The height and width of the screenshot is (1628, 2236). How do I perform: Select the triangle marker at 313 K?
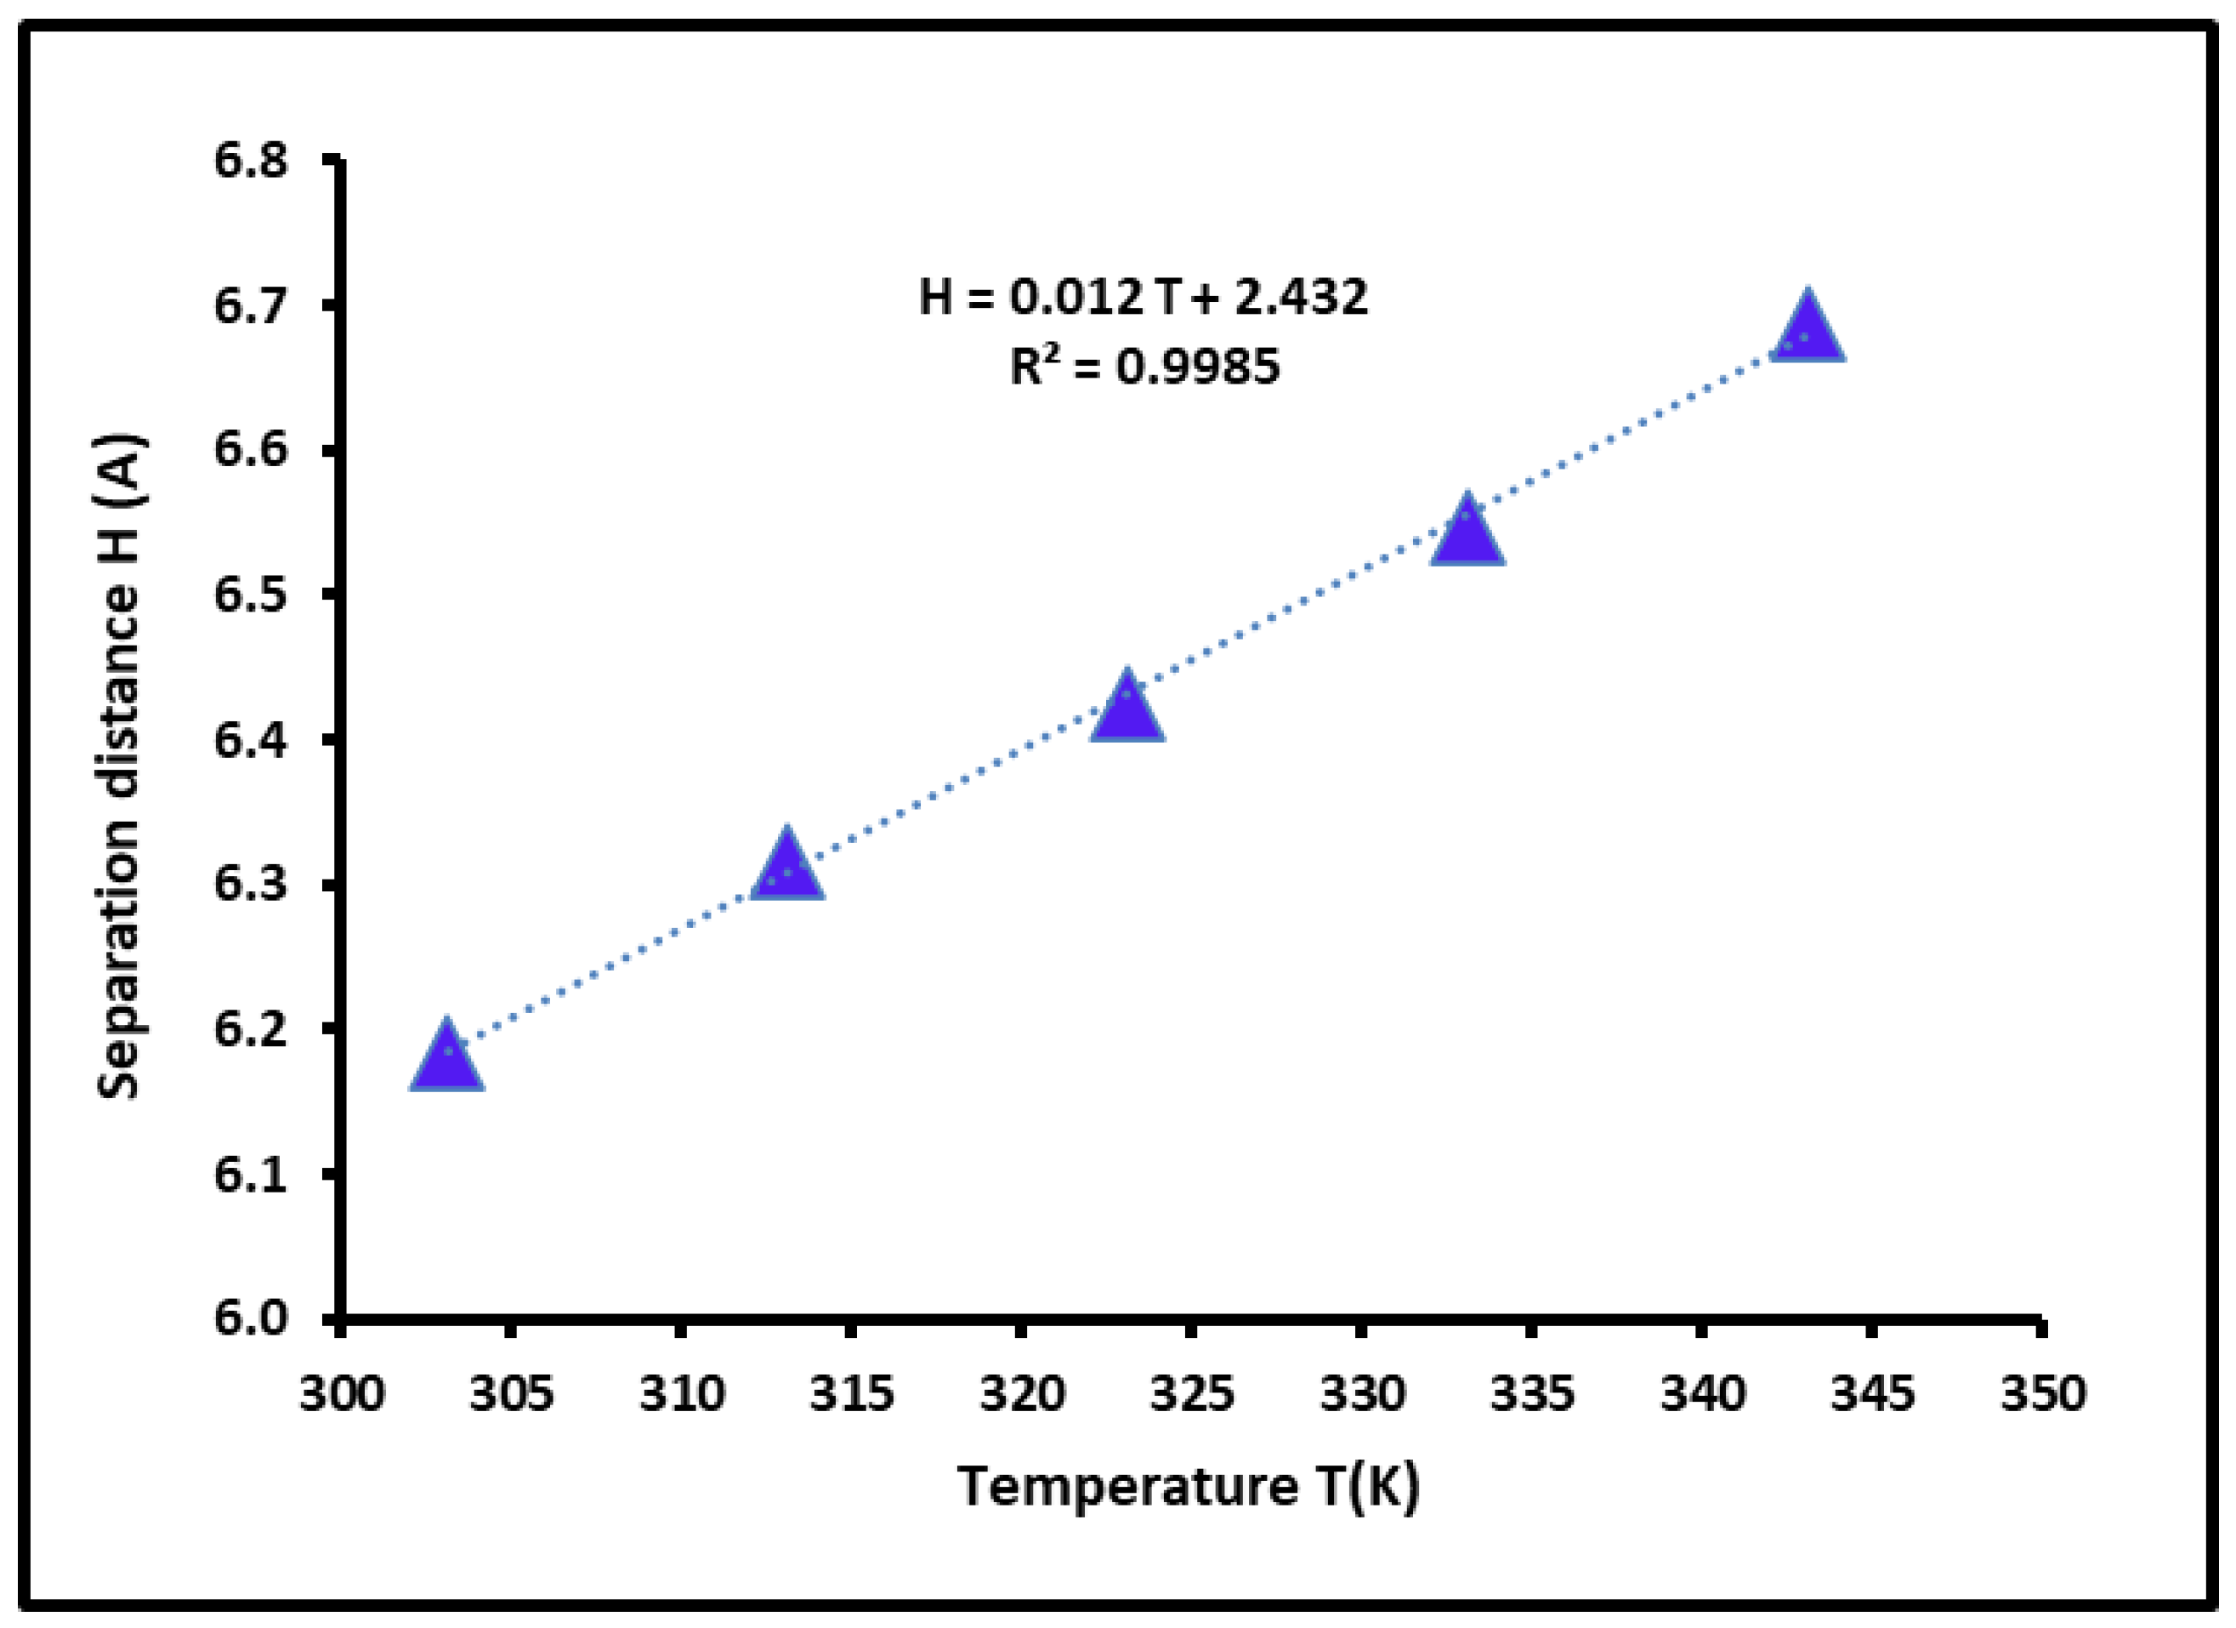786,868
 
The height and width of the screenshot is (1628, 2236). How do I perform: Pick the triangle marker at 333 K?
1467,532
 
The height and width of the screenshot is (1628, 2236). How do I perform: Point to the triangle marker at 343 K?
1808,329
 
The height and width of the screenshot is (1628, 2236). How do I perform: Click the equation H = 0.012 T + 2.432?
1144,297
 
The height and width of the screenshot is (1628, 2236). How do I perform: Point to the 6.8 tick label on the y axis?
251,160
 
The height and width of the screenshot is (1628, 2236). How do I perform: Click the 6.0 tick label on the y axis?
251,1318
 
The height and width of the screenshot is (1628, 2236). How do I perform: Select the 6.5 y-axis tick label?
251,595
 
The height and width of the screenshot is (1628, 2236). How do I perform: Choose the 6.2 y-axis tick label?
251,1029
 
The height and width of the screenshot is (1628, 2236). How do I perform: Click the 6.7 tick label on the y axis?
251,305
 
